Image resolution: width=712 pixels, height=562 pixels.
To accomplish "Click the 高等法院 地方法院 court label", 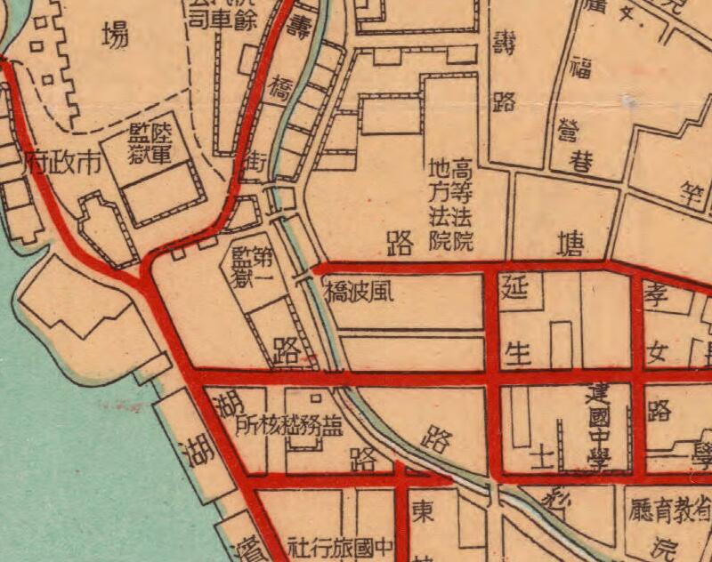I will click(x=451, y=204).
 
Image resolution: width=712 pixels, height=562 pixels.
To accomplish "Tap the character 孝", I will click(x=656, y=294).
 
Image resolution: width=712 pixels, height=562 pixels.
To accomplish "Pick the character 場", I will click(x=112, y=36).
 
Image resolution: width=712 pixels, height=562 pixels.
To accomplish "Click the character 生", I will click(x=517, y=353).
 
